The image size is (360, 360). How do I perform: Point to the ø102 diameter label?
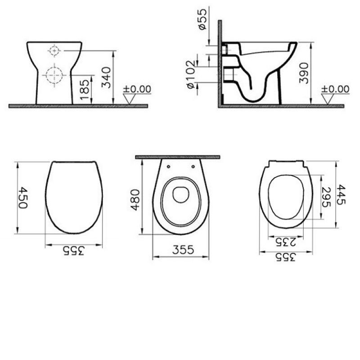pyautogui.click(x=190, y=74)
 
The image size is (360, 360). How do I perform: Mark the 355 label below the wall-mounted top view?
pyautogui.click(x=181, y=250)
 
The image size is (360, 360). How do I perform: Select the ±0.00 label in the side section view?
pyautogui.click(x=335, y=89)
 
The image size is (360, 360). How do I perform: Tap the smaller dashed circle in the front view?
pyautogui.click(x=54, y=51)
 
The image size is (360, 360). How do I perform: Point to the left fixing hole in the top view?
pyautogui.click(x=168, y=166)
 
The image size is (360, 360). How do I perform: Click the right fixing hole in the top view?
pyautogui.click(x=194, y=166)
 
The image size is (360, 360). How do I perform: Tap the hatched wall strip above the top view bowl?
pyautogui.click(x=178, y=157)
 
